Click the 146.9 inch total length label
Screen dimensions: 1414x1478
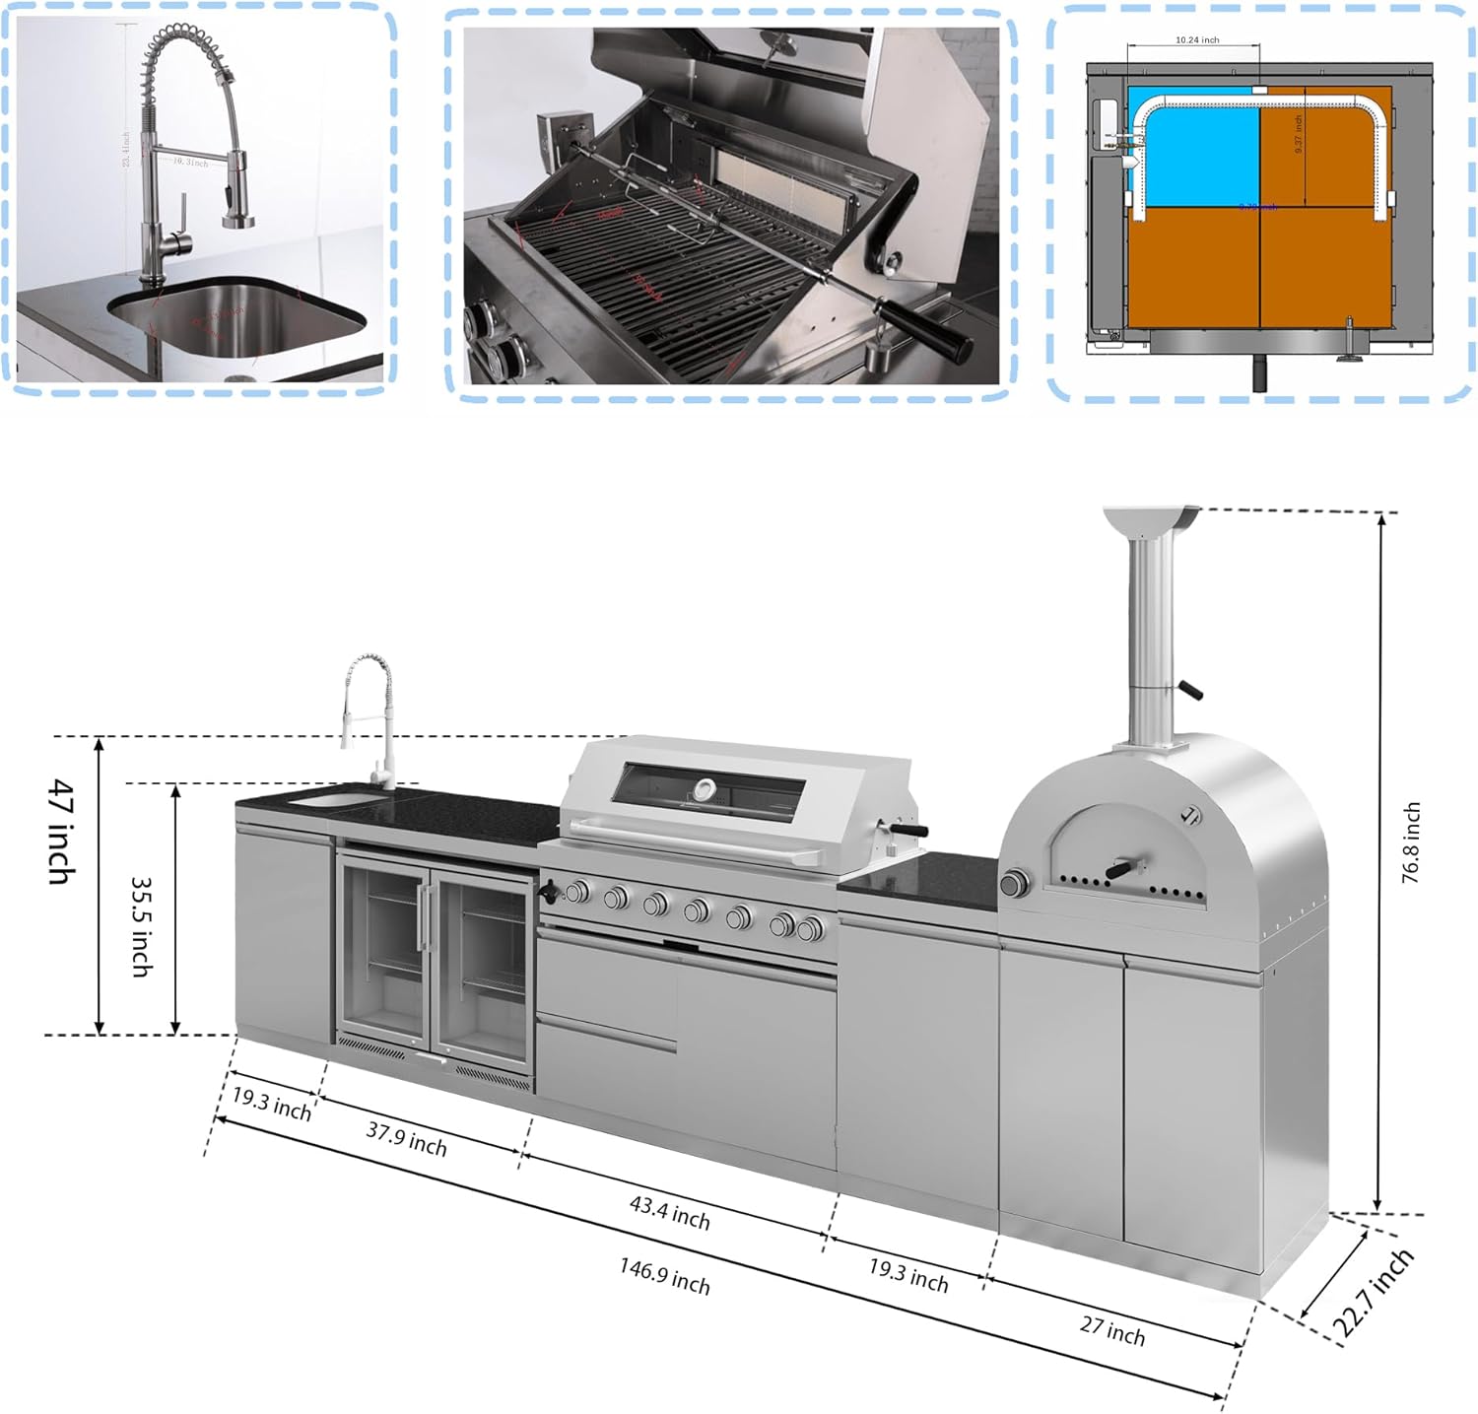coord(664,1275)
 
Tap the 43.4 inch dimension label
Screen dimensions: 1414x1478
coord(670,1212)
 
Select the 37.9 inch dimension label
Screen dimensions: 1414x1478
coord(406,1139)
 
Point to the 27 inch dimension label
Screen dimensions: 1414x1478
coord(1112,1330)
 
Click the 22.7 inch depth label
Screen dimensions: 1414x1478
coord(1376,1293)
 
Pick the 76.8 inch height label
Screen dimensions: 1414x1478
coord(1411,842)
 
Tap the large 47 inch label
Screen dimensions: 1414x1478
coord(61,831)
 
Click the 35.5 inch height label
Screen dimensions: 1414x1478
coord(142,926)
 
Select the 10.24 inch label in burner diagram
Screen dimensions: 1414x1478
coord(1197,40)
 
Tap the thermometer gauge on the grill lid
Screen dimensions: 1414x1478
coord(704,789)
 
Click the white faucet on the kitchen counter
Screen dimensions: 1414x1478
coord(369,719)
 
